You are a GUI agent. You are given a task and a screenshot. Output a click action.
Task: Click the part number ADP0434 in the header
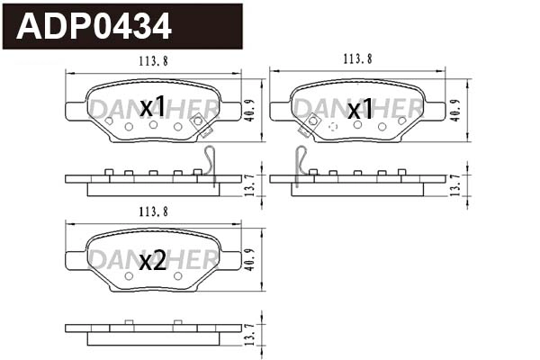(94, 27)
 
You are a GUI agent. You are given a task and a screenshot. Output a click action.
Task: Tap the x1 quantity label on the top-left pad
(154, 108)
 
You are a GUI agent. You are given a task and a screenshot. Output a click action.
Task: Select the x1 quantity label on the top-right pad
(360, 110)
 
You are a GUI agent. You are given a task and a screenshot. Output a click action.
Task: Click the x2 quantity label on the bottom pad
(153, 261)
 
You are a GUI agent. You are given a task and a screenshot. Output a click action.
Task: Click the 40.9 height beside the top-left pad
(253, 111)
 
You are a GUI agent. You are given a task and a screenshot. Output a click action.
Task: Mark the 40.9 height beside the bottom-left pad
(253, 261)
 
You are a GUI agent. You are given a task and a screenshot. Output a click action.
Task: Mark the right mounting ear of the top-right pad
(436, 111)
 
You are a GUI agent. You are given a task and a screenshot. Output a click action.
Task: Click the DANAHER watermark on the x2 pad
(112, 261)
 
